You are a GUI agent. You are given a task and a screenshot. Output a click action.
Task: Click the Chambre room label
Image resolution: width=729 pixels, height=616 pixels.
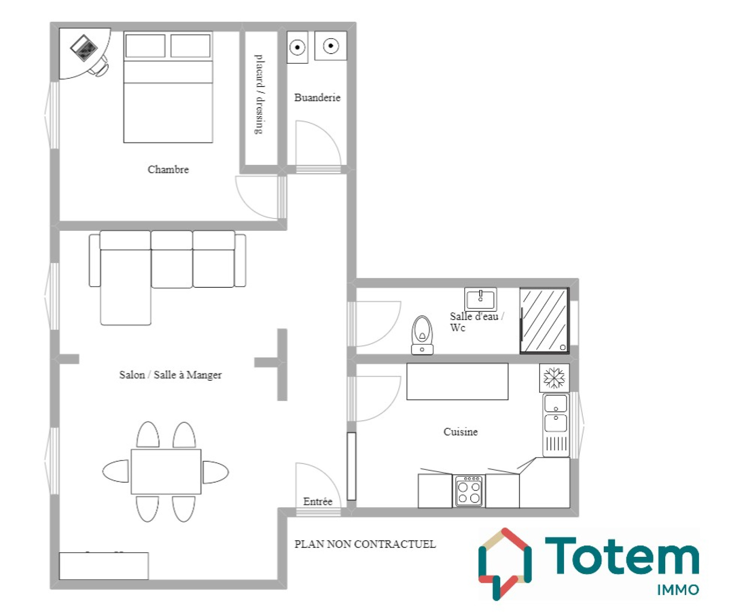point(168,169)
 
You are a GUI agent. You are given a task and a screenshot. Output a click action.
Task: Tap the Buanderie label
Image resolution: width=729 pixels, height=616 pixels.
point(317,97)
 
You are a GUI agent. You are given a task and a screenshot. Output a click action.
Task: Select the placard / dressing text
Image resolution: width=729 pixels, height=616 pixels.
point(259,94)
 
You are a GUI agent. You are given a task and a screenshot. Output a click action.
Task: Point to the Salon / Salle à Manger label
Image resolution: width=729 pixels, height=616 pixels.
point(170,375)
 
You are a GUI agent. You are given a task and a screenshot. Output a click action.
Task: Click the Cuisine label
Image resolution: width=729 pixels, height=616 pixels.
point(461,432)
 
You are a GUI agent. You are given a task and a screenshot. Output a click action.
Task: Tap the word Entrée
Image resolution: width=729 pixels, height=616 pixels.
point(318,501)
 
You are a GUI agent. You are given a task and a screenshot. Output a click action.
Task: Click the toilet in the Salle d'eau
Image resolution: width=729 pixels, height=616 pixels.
point(422,335)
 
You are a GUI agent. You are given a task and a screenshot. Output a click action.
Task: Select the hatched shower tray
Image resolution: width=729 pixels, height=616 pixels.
point(544,320)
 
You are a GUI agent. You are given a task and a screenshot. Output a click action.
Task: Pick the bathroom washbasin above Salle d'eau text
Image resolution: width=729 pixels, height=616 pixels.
point(481,299)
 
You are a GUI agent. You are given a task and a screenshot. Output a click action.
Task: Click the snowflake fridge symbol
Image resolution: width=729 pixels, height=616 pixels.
point(554,377)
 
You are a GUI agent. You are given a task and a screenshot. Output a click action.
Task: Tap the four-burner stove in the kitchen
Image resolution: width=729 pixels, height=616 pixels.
point(469,491)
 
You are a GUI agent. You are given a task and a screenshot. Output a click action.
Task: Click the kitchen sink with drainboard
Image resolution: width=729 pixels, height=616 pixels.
point(556,425)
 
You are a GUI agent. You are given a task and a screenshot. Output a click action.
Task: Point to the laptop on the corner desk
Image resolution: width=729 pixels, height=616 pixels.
point(84,48)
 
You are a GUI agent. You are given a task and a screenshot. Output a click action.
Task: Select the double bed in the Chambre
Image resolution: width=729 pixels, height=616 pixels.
point(168,87)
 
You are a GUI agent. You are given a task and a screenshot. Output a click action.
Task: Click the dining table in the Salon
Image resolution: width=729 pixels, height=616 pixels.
point(166,471)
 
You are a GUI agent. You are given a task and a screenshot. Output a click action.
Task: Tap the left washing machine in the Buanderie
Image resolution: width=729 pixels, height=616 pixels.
point(298,47)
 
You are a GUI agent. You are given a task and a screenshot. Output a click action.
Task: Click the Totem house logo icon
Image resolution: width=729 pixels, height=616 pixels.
point(505,564)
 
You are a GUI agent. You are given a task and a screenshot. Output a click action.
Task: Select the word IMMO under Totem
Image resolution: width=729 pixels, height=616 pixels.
point(678,590)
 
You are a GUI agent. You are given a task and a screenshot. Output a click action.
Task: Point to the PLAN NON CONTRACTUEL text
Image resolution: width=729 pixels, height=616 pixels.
point(365,544)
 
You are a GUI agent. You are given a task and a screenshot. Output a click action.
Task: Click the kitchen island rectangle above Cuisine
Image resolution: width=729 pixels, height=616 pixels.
point(457,382)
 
